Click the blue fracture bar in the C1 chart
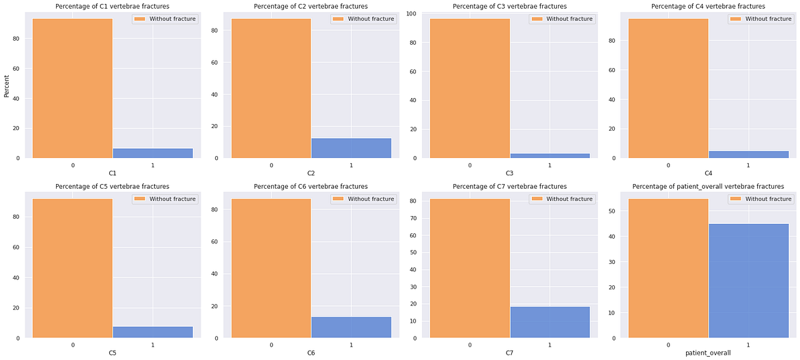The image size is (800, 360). click(x=153, y=153)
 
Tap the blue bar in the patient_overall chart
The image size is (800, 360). click(x=748, y=281)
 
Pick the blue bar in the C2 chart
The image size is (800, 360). click(x=351, y=148)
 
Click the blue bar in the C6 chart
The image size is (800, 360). click(x=351, y=327)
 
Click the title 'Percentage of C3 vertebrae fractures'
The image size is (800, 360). click(x=509, y=7)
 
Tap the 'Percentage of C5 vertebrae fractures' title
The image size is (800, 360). click(x=112, y=187)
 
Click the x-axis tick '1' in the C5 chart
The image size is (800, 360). click(x=153, y=345)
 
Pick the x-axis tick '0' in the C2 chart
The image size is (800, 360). click(x=271, y=165)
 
